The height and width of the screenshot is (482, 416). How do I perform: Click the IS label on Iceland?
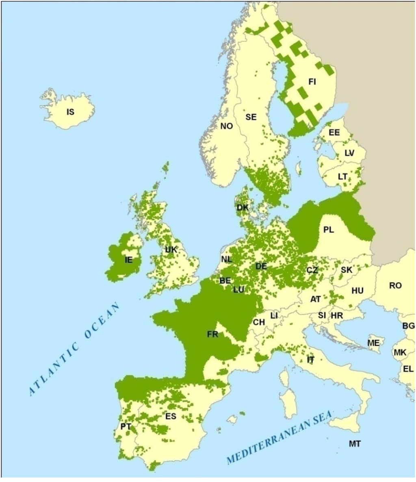coord(71,111)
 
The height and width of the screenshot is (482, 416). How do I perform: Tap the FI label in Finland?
coord(312,82)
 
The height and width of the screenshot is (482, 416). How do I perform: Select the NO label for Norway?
coord(227,126)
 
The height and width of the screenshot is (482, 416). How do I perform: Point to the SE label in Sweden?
coord(251,117)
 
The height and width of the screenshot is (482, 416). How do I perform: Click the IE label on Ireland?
coord(128,260)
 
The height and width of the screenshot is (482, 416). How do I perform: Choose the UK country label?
coord(171,250)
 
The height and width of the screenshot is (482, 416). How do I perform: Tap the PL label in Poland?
coord(329,230)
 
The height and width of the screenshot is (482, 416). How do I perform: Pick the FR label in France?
coord(212,334)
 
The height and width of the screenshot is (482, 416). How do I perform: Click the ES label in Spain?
coord(171,417)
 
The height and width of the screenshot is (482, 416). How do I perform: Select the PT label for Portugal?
coord(126,426)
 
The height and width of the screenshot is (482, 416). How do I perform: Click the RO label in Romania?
coord(395,286)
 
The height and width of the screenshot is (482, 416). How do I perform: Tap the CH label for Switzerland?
coord(259,322)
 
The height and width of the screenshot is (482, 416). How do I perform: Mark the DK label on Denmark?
coord(243,208)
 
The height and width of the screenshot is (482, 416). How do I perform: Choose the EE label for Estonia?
coord(334,133)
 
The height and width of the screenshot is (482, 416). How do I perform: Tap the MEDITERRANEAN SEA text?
coord(279,437)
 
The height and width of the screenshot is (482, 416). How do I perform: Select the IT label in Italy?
coord(311,360)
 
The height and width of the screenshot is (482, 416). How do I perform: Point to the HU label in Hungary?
coord(357,291)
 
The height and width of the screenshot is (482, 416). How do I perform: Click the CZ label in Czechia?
coord(312,270)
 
